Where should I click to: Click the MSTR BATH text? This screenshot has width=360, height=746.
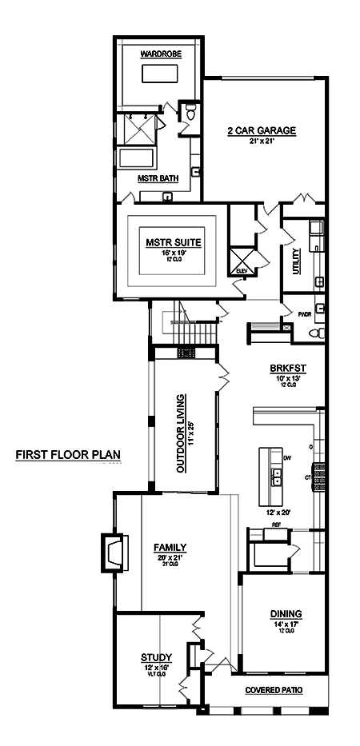[158, 178]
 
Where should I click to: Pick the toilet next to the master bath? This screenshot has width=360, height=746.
[188, 114]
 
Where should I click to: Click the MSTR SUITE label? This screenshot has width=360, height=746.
[173, 241]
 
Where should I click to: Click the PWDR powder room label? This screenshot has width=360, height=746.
[304, 315]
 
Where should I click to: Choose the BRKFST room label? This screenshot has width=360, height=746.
[287, 369]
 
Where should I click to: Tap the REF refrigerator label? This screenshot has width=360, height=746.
[276, 525]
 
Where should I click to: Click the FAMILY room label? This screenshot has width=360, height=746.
[170, 548]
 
